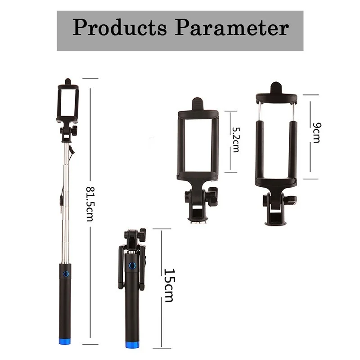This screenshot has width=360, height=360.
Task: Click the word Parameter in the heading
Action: [232, 28]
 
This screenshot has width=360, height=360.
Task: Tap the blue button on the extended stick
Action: [66, 274]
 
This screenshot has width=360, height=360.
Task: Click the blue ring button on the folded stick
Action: [132, 265]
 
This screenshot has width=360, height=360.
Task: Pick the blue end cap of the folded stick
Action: [132, 345]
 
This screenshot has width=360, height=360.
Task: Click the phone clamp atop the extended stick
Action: [67, 103]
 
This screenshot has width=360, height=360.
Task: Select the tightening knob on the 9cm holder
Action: [292, 199]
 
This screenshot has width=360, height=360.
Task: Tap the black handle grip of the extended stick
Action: [65, 306]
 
